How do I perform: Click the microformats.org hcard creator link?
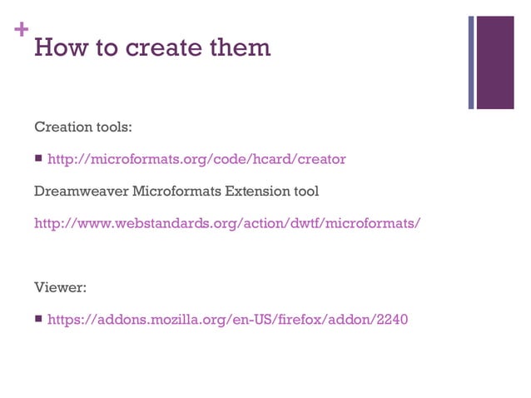[x=196, y=159]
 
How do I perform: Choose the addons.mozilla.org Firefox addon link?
[x=227, y=319]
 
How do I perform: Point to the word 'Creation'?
[x=62, y=127]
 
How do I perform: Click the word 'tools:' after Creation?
[x=113, y=127]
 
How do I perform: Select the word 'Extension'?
[x=252, y=192]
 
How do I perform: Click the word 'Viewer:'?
[x=61, y=287]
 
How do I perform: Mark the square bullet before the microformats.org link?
[x=38, y=159]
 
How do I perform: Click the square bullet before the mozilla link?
[x=38, y=319]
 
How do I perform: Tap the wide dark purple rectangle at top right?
[x=495, y=51]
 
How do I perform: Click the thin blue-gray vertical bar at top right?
[x=471, y=62]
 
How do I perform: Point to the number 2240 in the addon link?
[x=391, y=319]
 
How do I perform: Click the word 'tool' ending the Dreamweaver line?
[x=305, y=192]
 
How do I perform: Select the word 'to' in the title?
[x=107, y=47]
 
